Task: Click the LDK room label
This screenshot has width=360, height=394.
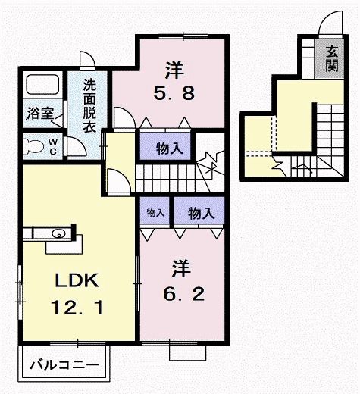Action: (75, 281)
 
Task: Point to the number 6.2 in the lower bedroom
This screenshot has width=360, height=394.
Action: (180, 291)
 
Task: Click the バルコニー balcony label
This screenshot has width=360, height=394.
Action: (64, 364)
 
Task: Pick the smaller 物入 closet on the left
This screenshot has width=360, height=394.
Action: (155, 213)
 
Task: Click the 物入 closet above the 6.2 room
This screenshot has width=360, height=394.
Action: (200, 213)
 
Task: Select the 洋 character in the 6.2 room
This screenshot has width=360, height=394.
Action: (180, 267)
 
